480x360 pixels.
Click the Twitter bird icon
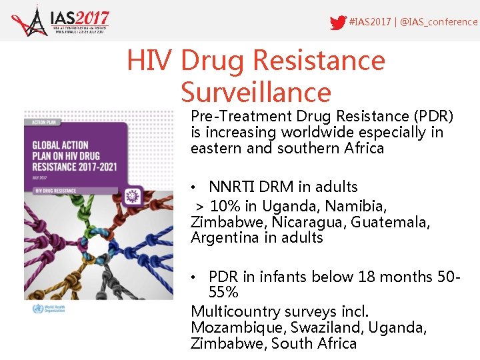(338, 22)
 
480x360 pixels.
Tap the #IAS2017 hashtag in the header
(371, 22)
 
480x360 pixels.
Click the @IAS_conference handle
(439, 22)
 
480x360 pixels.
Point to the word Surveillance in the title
(255, 92)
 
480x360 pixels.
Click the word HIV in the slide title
(151, 61)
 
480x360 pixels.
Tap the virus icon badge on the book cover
(133, 195)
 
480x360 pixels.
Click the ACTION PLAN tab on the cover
(38, 121)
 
